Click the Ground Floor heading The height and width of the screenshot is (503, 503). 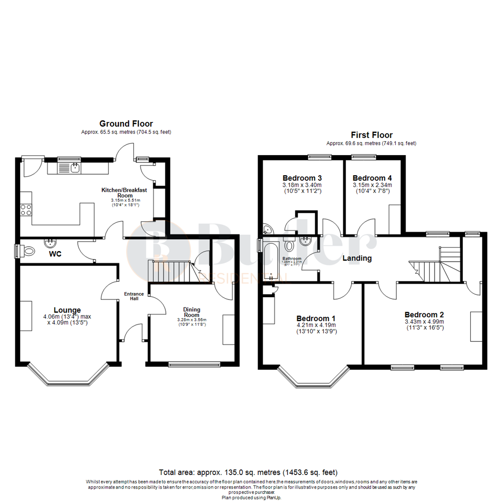[x=126, y=123]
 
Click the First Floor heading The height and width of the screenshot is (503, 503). [x=371, y=135]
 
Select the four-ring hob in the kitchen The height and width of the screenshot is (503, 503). [x=27, y=210]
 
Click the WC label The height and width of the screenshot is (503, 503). [x=55, y=254]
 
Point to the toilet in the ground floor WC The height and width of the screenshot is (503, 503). [x=27, y=251]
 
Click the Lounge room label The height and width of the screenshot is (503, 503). [x=67, y=310]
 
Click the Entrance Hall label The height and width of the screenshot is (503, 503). [x=134, y=297]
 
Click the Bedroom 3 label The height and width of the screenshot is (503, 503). [x=302, y=178]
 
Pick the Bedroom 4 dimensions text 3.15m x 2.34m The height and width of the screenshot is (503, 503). [x=372, y=185]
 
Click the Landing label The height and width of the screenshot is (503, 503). [x=357, y=258]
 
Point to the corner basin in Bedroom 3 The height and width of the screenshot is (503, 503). [x=267, y=229]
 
